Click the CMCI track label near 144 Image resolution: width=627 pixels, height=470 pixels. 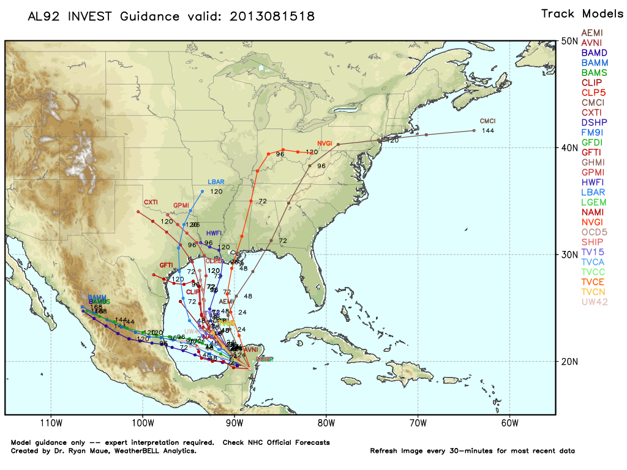[487, 121]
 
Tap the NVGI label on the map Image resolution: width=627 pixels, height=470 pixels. [325, 143]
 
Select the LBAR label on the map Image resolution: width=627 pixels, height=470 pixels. [216, 182]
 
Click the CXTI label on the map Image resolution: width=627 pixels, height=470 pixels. [151, 202]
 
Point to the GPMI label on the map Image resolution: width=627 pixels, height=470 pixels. [181, 205]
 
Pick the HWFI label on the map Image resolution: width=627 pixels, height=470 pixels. [214, 233]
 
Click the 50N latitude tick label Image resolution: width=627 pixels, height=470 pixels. [570, 41]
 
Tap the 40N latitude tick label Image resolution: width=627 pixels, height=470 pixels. [570, 147]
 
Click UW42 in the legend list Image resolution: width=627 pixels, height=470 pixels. [594, 302]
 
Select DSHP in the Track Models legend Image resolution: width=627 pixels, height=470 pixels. [593, 122]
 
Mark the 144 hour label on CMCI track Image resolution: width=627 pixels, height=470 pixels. [487, 130]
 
